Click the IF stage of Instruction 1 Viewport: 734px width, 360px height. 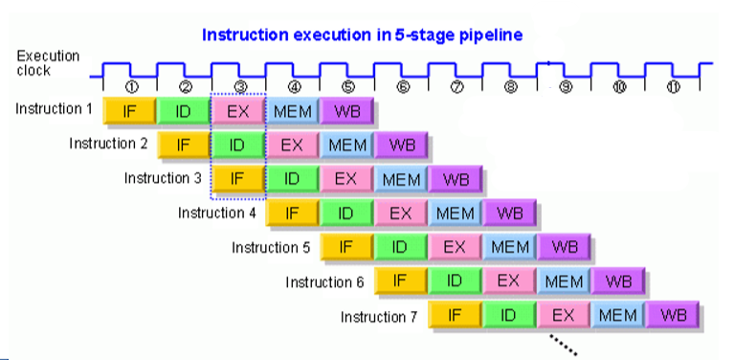tap(129, 111)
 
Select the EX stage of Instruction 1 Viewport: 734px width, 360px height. tap(237, 111)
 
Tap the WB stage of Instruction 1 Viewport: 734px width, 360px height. tap(347, 111)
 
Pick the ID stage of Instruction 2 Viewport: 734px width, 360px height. tap(237, 146)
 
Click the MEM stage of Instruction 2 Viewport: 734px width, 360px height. tap(347, 146)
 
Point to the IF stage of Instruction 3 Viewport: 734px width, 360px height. tap(237, 180)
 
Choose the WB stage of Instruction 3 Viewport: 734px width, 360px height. tap(456, 180)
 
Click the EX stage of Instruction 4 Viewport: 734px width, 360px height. tap(400, 213)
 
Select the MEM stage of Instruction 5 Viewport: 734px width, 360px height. tap(510, 247)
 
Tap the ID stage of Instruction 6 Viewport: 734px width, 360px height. tap(455, 281)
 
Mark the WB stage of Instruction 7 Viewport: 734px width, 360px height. tap(673, 316)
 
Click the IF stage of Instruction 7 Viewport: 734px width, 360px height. tap(455, 316)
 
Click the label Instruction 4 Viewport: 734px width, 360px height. tap(217, 213)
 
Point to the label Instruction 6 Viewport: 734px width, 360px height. tap(325, 281)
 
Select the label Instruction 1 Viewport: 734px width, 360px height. tap(54, 109)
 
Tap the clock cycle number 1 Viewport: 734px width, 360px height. tap(131, 87)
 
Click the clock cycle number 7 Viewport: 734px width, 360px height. tap(456, 87)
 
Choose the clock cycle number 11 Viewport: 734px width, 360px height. tap(673, 87)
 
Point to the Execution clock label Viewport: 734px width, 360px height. tap(48, 63)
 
